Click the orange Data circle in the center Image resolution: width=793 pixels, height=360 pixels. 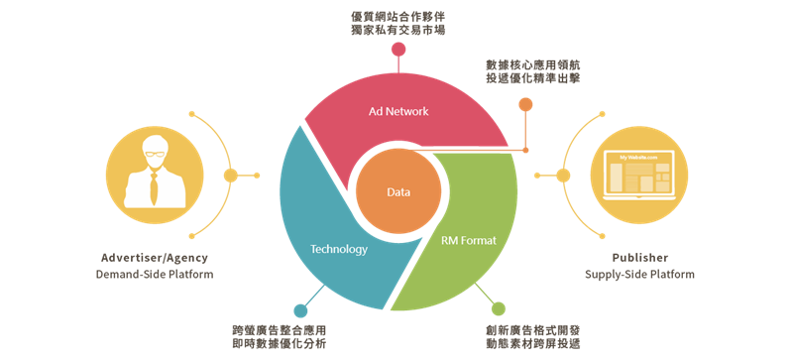[x=398, y=191]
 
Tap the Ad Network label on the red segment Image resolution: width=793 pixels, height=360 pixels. [x=398, y=111]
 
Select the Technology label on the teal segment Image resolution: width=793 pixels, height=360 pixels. [x=339, y=249]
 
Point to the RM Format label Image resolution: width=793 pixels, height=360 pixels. [x=469, y=241]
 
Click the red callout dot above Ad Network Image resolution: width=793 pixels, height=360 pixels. [x=398, y=50]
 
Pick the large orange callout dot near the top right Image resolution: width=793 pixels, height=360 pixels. [x=525, y=105]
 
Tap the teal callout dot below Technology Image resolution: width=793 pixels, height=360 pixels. [x=300, y=310]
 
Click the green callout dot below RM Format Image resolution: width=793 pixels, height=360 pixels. [x=499, y=308]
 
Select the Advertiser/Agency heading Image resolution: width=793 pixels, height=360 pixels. [x=155, y=258]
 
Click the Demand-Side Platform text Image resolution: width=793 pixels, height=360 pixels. [x=155, y=275]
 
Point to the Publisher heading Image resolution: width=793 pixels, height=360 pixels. [x=639, y=258]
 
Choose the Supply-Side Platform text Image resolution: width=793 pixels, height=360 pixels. [x=639, y=275]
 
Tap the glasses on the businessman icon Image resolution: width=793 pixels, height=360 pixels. [x=154, y=154]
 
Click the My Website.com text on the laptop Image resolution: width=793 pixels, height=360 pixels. [x=638, y=158]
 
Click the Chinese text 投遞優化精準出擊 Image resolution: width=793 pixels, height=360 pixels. [x=533, y=78]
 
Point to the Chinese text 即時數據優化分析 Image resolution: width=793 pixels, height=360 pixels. [x=280, y=344]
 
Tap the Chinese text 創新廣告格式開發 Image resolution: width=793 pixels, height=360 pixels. [x=533, y=330]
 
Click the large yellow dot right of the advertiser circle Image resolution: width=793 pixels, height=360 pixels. [x=231, y=176]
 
